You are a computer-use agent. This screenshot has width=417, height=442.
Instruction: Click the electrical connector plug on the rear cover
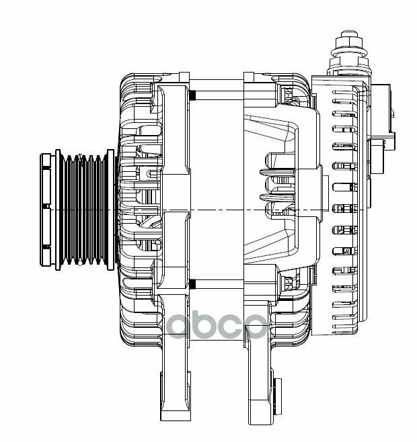coord(381,114)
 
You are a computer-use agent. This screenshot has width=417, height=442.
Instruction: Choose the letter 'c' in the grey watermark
coord(245,328)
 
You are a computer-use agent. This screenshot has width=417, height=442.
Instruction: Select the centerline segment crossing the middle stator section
coord(215,211)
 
